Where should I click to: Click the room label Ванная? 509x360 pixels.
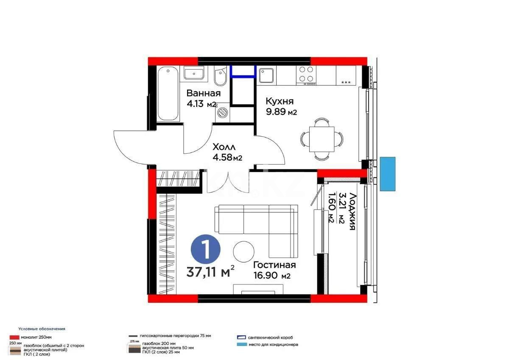coord(203,93)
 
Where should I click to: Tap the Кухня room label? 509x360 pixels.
coord(280,101)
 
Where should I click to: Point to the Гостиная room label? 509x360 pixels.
coord(274,265)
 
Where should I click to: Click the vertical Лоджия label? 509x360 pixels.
coord(351,211)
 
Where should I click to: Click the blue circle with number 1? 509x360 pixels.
coord(206,249)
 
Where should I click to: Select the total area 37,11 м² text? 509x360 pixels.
coord(210,272)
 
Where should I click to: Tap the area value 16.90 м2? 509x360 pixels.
coord(271,276)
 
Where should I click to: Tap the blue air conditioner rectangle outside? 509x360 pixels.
coord(387,174)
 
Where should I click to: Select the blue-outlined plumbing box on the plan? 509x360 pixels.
coord(243,70)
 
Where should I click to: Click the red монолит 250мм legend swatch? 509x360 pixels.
coord(14,337)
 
